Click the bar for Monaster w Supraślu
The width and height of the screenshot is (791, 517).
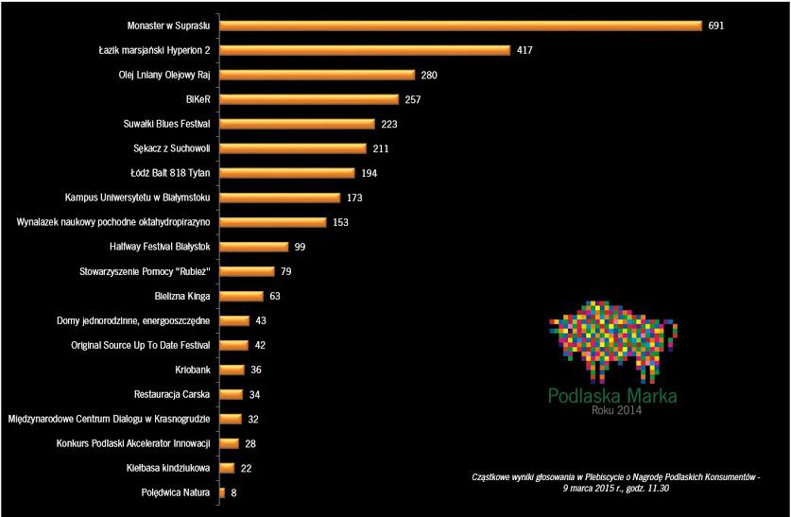coord(460,26)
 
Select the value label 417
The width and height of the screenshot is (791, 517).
coord(525,50)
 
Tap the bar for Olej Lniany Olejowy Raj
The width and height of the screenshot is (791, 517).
coord(317,75)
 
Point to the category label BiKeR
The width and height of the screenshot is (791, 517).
coord(198,99)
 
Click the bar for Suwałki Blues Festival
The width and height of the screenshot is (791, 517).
coord(297,124)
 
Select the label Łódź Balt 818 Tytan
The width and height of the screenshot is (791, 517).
coord(171,173)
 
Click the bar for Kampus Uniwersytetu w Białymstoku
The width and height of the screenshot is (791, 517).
coord(279,198)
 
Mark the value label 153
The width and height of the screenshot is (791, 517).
coord(341,222)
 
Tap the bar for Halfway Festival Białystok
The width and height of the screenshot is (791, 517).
coord(253,247)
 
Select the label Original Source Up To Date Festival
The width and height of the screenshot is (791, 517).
coord(141,345)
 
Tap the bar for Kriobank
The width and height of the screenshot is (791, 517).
coord(232,370)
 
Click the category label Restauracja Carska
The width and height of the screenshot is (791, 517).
coord(173,394)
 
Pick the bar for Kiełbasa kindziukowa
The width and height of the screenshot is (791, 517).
coord(228,468)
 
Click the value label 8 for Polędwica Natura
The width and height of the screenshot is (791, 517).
coord(233,492)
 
